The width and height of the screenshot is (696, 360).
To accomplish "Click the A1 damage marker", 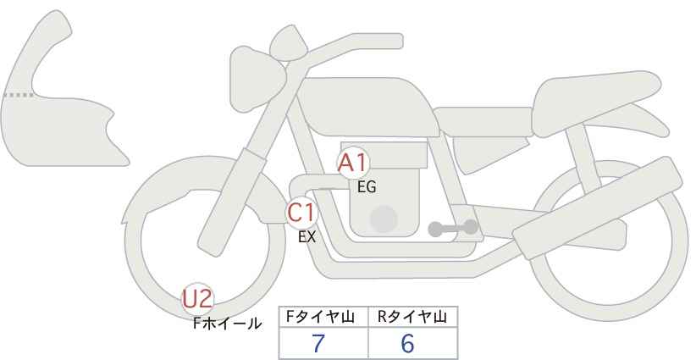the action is [x=353, y=163].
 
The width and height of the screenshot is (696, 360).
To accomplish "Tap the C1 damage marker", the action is [x=301, y=213].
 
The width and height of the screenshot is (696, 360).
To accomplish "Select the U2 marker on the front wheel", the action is [x=198, y=299].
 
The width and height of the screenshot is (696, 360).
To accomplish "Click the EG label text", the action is [x=367, y=187].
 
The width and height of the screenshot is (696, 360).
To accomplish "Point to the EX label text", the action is [x=307, y=237].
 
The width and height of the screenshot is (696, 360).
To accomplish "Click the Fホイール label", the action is [x=227, y=324].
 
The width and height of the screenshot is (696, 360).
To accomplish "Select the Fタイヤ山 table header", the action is [x=320, y=317].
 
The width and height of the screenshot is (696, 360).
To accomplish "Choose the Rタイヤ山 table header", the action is [x=412, y=317].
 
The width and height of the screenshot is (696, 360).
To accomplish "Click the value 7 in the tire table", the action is [x=318, y=343].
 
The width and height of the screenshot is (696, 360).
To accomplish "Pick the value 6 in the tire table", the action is [x=407, y=343].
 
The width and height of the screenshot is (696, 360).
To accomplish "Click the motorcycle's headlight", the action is [x=256, y=79].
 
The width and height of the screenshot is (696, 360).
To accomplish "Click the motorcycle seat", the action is [x=590, y=104].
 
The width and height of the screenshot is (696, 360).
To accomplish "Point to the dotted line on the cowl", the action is [x=19, y=95].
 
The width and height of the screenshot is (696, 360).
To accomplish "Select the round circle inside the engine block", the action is [x=384, y=219].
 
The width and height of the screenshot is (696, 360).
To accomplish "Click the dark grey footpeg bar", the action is [x=453, y=228].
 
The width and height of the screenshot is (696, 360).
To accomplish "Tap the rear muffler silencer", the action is [x=597, y=208].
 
